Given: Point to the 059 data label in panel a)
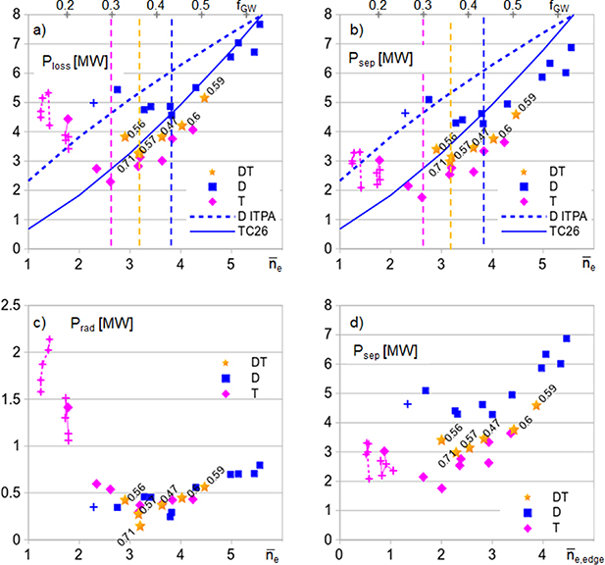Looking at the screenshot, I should click(216, 86).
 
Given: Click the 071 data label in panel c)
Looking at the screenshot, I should click(126, 533).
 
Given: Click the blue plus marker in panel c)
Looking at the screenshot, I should click(94, 507).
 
